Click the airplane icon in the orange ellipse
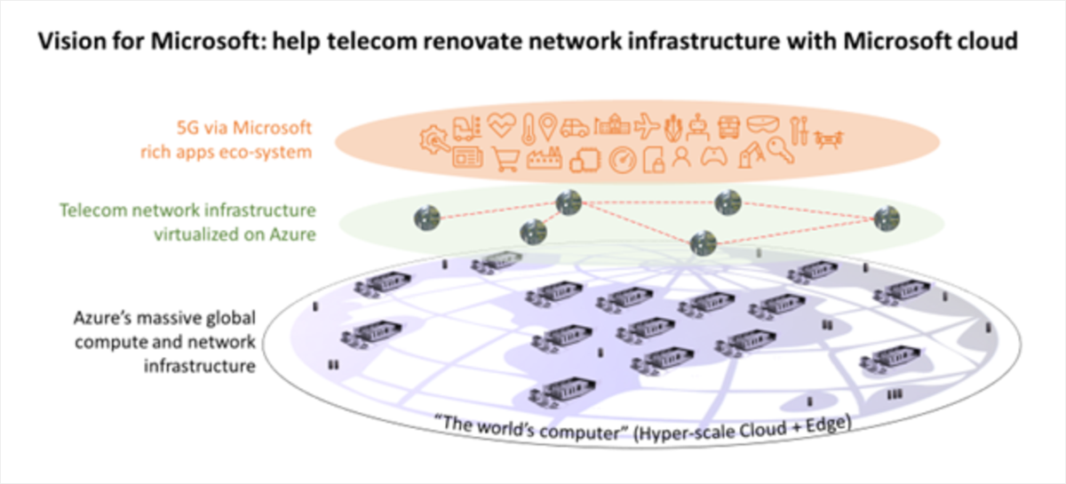coord(647,128)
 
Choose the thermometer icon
coord(529,128)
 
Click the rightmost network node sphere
coord(886,218)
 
